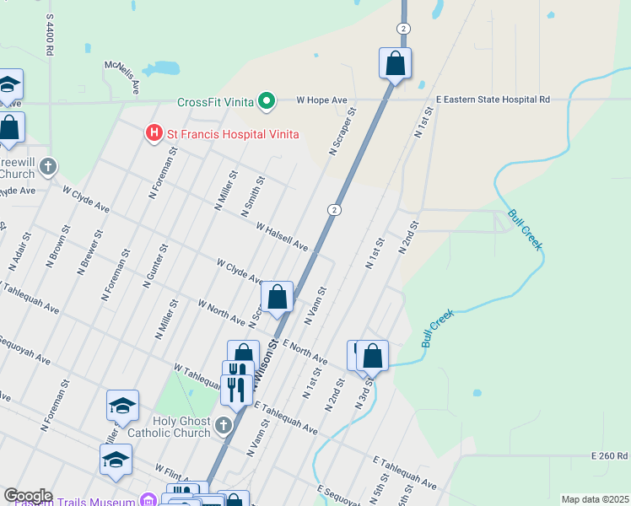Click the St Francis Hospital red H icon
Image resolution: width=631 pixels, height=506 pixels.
[x=154, y=133]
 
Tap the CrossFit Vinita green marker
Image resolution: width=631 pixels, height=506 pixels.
[x=267, y=103]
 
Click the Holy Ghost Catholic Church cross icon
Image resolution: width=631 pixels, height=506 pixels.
[x=224, y=425]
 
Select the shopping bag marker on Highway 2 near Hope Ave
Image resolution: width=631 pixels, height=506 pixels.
[x=395, y=63]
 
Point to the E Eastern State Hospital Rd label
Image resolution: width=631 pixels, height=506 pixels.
[x=493, y=100]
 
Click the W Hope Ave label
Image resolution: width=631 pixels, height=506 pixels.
[x=321, y=100]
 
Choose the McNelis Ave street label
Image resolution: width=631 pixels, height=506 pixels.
[x=121, y=77]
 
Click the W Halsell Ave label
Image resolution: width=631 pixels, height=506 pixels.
[x=282, y=236]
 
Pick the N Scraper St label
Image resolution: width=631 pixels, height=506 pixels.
[x=342, y=131]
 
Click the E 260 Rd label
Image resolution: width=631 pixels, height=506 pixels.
[x=609, y=455]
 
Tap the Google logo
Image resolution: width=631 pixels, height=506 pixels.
[x=28, y=496]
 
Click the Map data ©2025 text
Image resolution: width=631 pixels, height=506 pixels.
[x=595, y=499]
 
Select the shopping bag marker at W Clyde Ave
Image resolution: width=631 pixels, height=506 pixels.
[x=277, y=298]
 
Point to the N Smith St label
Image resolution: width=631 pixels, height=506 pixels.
[x=253, y=195]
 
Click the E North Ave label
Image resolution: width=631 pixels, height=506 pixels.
[x=305, y=352]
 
